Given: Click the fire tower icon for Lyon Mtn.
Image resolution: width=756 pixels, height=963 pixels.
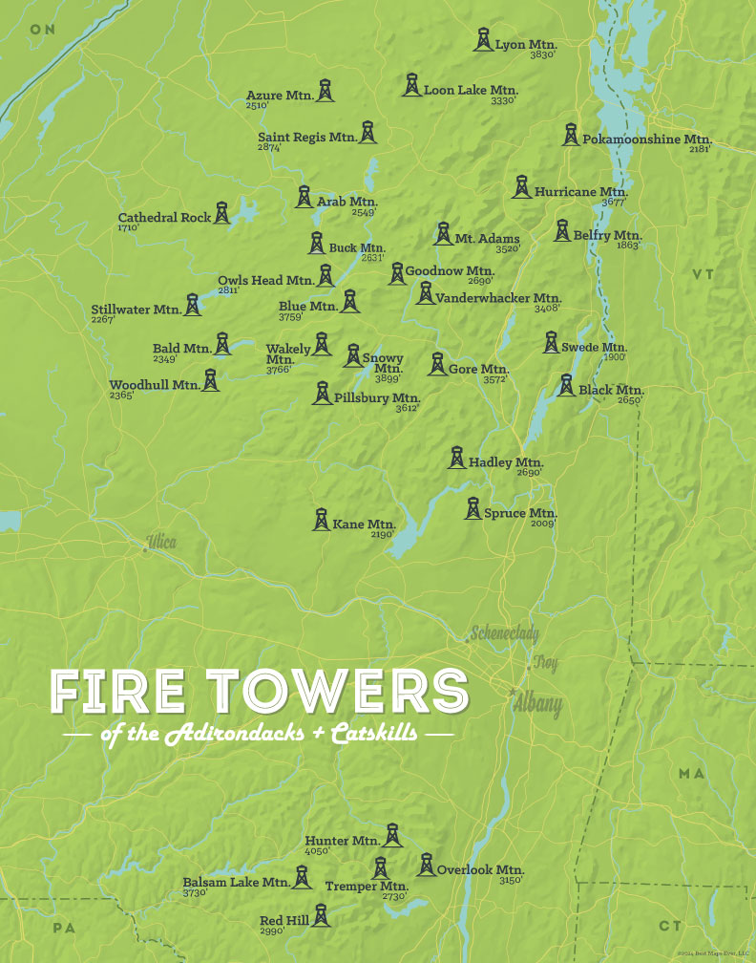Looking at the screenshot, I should pyautogui.click(x=484, y=40).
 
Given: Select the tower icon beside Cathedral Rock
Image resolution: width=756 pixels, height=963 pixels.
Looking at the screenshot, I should pyautogui.click(x=222, y=213).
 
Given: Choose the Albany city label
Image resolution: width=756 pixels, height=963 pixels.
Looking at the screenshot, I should pyautogui.click(x=536, y=705).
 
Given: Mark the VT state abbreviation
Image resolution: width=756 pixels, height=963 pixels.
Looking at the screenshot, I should pyautogui.click(x=703, y=275).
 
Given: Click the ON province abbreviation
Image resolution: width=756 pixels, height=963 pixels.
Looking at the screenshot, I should pyautogui.click(x=43, y=30).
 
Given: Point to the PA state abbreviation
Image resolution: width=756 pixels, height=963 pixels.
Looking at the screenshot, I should pyautogui.click(x=64, y=928).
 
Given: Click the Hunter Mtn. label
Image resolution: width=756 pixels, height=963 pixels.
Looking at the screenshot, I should pyautogui.click(x=342, y=841).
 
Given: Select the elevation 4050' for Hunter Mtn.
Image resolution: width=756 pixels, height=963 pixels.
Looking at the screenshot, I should pyautogui.click(x=317, y=850).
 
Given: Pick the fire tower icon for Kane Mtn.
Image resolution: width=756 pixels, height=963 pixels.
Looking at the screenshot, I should pyautogui.click(x=322, y=520).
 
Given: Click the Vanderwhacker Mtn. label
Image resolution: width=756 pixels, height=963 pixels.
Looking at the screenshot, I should pyautogui.click(x=498, y=298).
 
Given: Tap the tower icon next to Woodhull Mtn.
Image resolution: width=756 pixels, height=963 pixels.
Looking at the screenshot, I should pyautogui.click(x=211, y=380).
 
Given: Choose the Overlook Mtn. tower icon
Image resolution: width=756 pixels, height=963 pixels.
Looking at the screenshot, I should pyautogui.click(x=426, y=865).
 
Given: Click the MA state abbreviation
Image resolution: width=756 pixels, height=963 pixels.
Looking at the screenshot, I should pyautogui.click(x=692, y=773).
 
